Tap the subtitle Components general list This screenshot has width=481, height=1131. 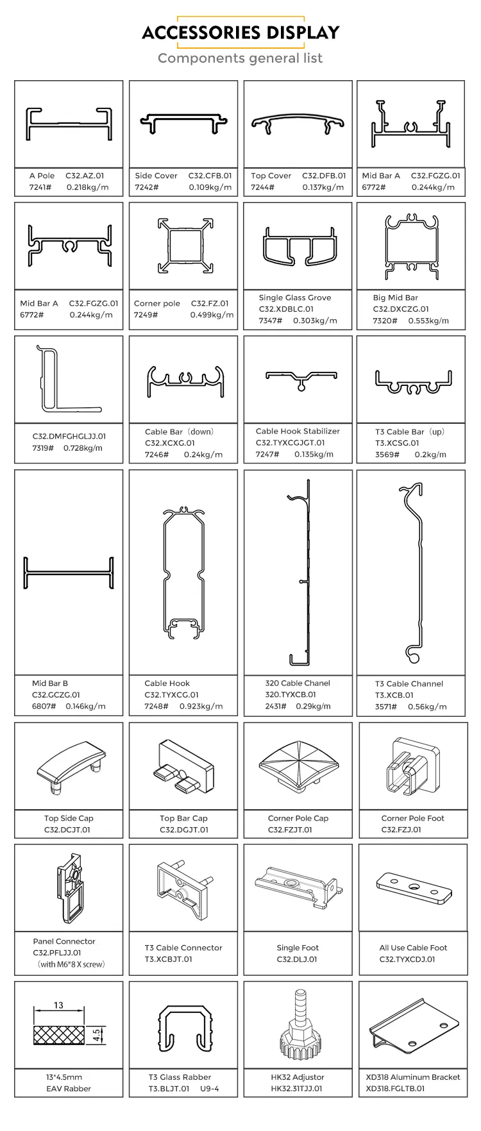click(240, 58)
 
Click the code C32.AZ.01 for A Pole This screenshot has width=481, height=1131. click(84, 176)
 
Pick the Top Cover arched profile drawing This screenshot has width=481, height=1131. click(298, 123)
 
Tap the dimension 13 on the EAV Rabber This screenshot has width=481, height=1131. click(58, 1005)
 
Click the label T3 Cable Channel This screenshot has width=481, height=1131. click(409, 683)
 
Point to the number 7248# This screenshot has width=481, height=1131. click(156, 706)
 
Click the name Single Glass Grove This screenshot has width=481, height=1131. click(295, 297)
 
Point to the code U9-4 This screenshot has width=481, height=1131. click(210, 1088)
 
